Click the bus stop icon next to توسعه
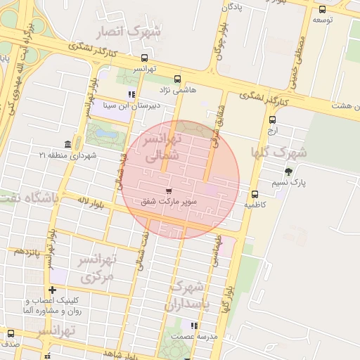coord(322,10)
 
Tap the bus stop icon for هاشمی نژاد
coord(177,79)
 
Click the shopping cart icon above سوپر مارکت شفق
coord(169,191)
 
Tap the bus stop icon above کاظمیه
coord(255,194)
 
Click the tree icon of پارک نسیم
coord(288,172)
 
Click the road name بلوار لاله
coord(91,202)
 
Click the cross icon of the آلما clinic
coord(52,290)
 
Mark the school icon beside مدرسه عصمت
coord(195,326)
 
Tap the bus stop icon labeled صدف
coord(10,333)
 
